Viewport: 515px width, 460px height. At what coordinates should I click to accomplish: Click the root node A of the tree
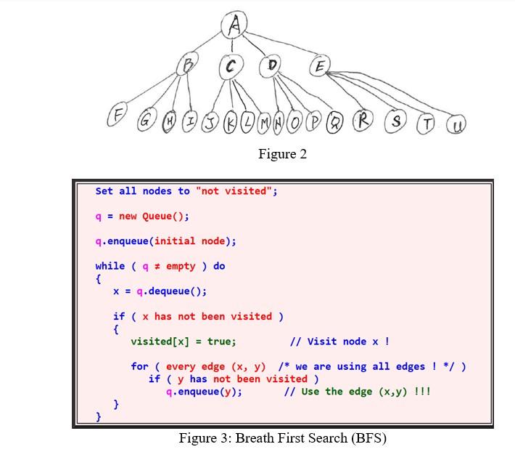[234, 26]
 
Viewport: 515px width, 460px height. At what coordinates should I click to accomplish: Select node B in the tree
[188, 66]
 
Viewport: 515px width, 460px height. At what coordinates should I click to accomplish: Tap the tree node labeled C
[231, 67]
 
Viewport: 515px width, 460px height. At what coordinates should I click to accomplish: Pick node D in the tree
[272, 65]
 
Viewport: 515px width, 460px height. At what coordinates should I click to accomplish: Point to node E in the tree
[319, 67]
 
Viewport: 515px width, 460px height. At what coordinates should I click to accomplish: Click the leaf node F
[116, 115]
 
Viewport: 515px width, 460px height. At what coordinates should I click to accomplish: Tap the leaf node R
[363, 121]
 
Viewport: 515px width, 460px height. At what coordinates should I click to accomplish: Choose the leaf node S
[396, 121]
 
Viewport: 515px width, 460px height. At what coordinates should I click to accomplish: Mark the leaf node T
[428, 124]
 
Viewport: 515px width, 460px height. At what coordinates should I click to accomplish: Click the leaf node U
[457, 125]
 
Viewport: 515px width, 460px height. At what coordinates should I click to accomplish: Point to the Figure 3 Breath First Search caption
[282, 438]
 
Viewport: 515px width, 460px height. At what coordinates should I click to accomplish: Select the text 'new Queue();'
[154, 216]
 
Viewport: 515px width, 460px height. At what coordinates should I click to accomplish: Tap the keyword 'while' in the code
[110, 266]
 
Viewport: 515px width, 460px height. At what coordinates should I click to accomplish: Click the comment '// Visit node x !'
[339, 342]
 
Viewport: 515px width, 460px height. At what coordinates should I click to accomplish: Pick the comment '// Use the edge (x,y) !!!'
[357, 392]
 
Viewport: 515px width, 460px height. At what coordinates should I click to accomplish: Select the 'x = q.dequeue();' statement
[160, 291]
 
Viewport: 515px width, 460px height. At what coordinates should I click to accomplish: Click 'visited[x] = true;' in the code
[183, 342]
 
